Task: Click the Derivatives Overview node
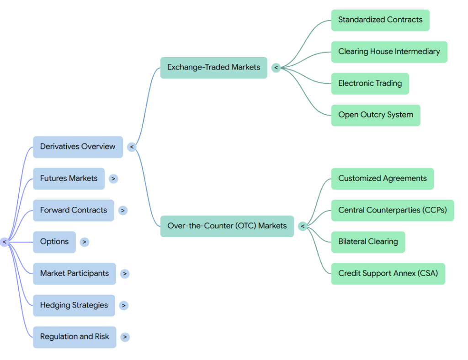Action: (x=78, y=147)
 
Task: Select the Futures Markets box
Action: (x=69, y=179)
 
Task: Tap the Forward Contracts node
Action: (x=74, y=210)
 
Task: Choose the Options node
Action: (x=54, y=242)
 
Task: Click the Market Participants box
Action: (x=74, y=274)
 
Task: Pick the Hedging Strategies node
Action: (x=74, y=306)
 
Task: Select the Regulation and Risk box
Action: (x=74, y=337)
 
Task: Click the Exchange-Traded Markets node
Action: (x=214, y=68)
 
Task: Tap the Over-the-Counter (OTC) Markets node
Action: (x=227, y=226)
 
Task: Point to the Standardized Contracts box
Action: (x=380, y=20)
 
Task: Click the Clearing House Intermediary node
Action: (x=389, y=52)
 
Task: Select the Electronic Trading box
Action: (x=370, y=84)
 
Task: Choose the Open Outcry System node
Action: (x=376, y=115)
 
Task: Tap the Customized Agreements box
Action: (x=383, y=179)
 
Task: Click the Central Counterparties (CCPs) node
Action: (x=393, y=210)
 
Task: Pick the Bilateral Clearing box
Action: (x=368, y=242)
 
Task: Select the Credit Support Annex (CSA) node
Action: (x=388, y=274)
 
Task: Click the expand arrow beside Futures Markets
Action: (x=113, y=179)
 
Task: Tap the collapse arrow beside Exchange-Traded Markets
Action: (x=276, y=68)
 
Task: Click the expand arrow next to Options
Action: (x=85, y=242)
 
